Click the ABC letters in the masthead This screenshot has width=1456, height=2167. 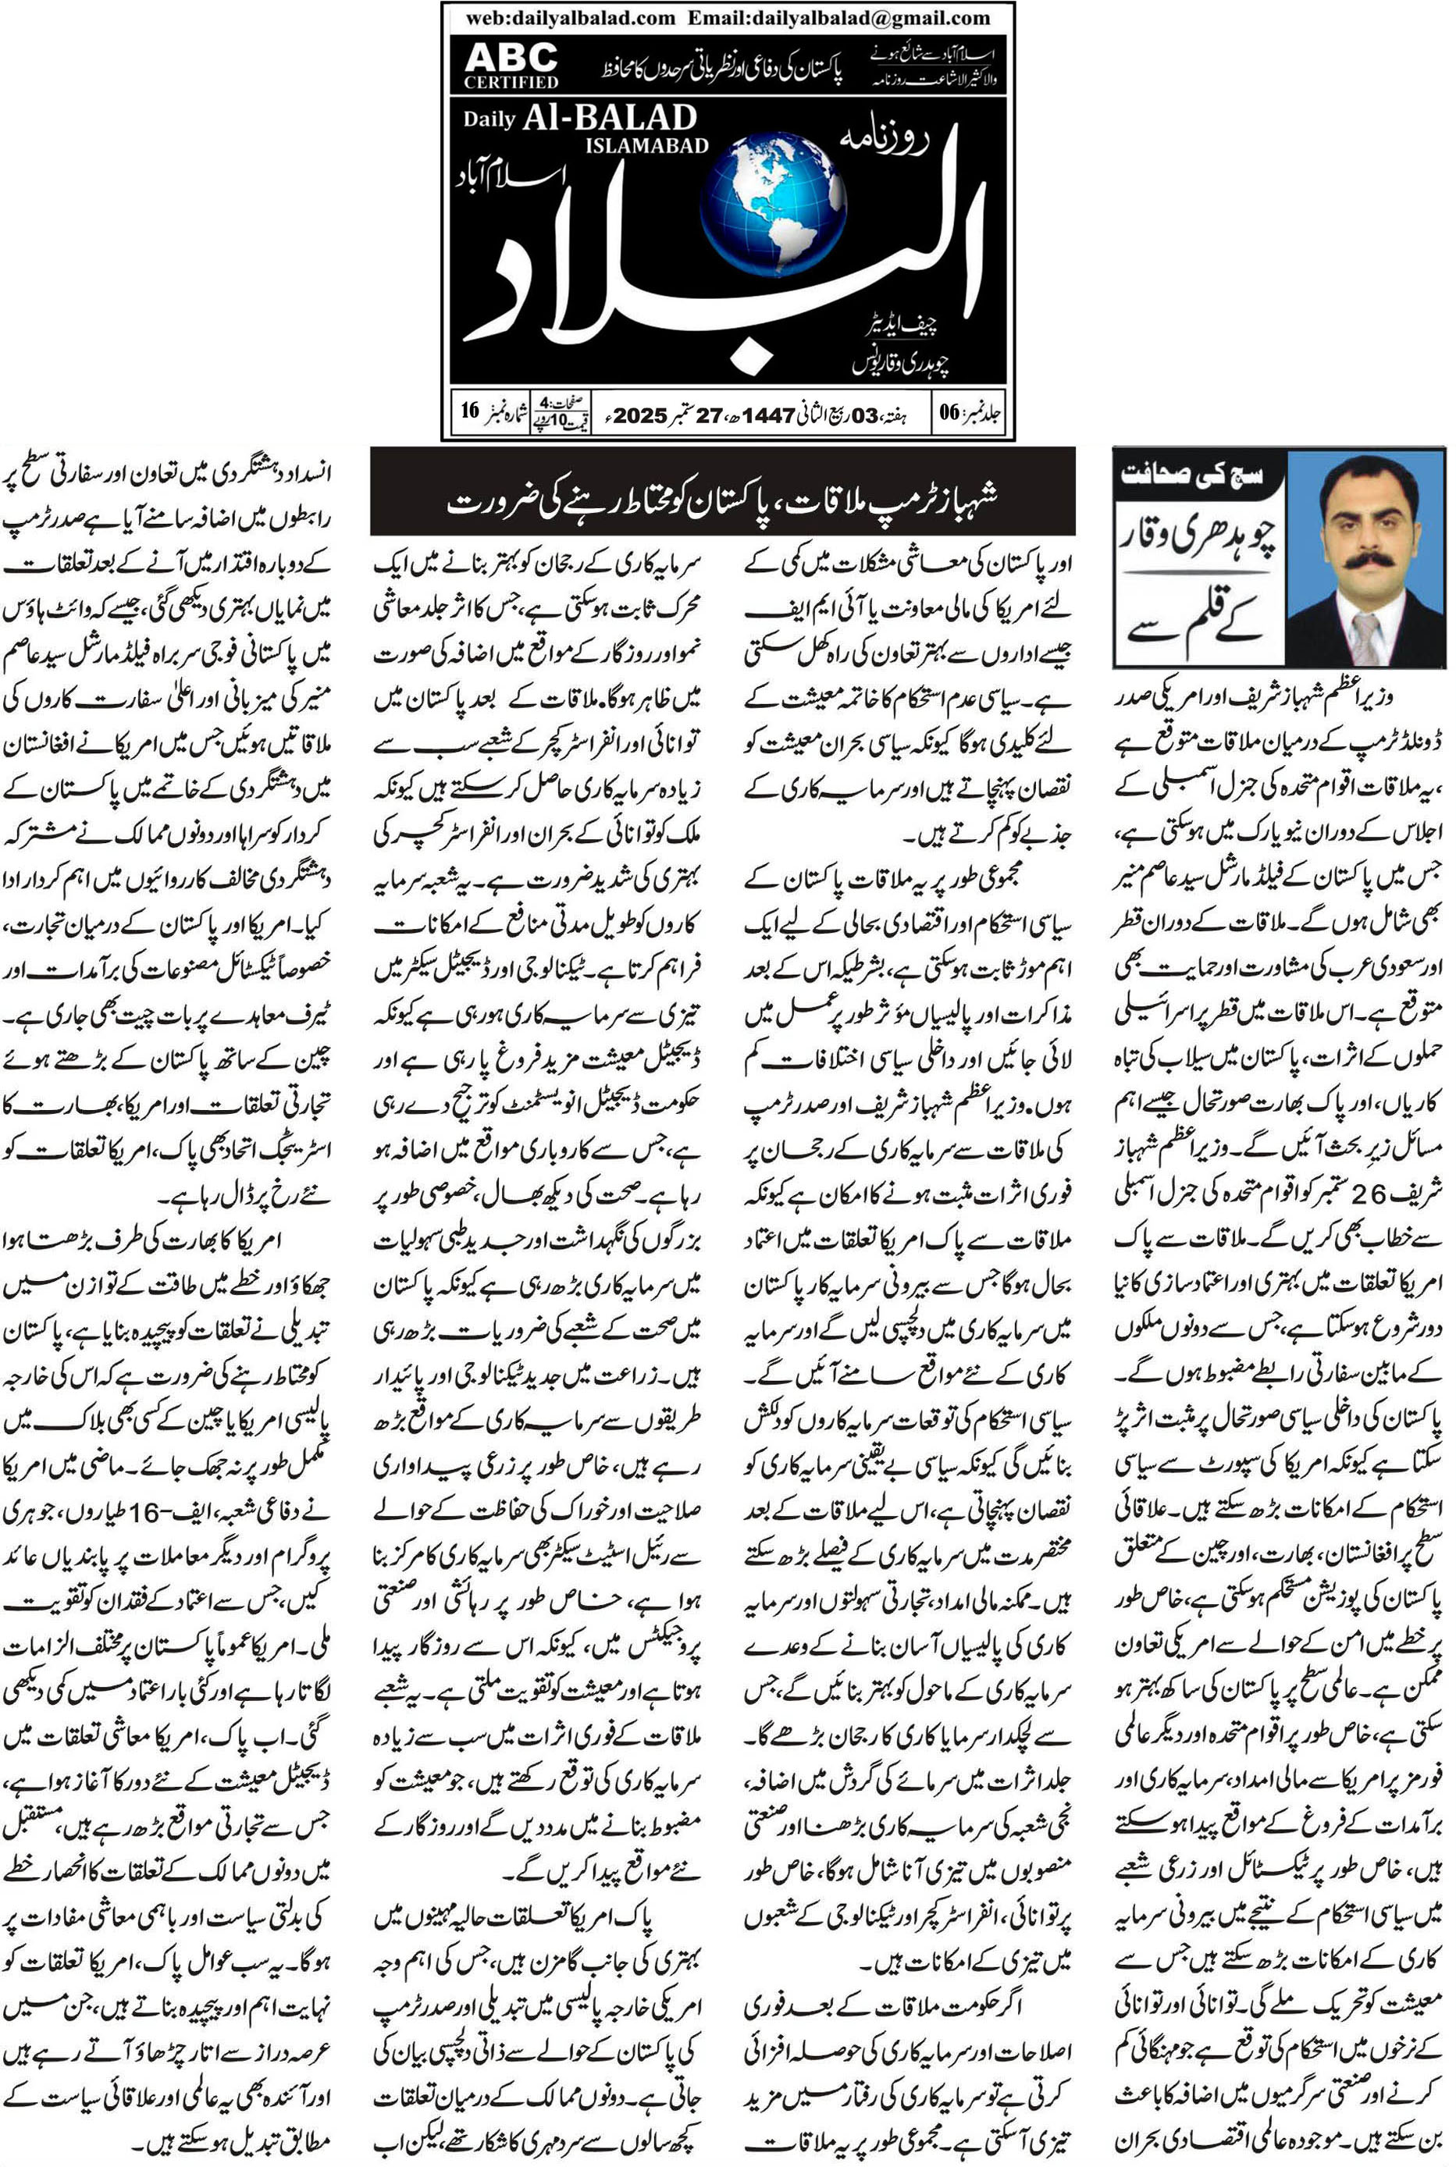point(511,58)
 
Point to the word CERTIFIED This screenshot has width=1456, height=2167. point(511,83)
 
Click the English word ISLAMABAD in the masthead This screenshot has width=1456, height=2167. point(646,145)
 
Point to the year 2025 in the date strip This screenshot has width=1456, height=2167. point(640,415)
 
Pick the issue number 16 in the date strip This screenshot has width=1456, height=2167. point(470,411)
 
